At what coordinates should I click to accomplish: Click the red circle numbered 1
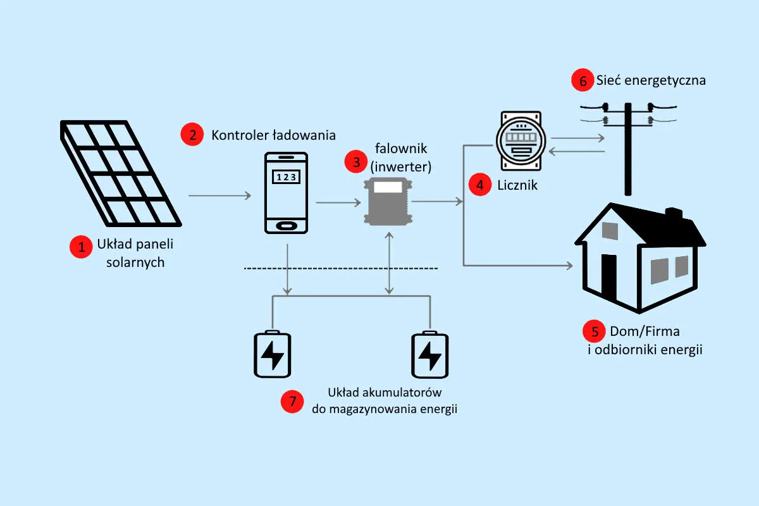(81, 247)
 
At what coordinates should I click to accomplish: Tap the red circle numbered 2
(192, 135)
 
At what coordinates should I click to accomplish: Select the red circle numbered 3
(355, 162)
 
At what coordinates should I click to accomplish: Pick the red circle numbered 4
(479, 185)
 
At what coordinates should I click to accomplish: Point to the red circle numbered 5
(593, 331)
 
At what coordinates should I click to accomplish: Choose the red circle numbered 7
(292, 401)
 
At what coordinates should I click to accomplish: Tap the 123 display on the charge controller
(286, 176)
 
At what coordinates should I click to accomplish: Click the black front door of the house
(608, 278)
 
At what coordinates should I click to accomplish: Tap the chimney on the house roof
(674, 214)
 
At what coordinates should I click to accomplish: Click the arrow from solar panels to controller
(219, 196)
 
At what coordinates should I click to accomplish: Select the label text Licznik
(517, 185)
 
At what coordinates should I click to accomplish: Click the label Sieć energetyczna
(650, 81)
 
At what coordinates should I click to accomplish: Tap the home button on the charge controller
(286, 225)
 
